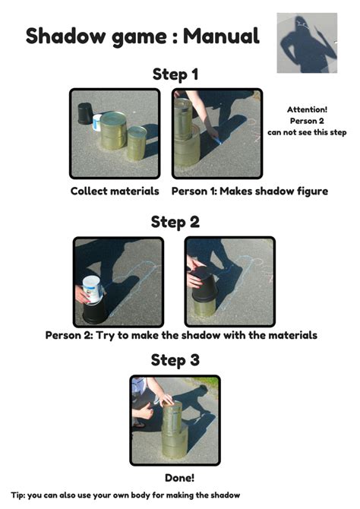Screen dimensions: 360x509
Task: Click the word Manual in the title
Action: (221, 36)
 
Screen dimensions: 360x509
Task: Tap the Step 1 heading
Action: (175, 74)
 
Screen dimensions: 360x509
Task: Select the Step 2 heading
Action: (175, 223)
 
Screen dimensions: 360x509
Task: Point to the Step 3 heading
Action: (175, 360)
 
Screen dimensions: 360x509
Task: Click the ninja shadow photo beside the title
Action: (307, 43)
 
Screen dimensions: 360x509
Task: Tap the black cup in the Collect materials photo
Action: (85, 114)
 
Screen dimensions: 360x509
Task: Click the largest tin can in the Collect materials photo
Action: (113, 131)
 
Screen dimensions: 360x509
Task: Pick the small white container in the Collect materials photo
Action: (96, 123)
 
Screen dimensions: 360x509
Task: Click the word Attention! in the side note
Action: (307, 109)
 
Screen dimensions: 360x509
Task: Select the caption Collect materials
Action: (115, 191)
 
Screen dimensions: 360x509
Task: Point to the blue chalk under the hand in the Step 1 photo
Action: (217, 141)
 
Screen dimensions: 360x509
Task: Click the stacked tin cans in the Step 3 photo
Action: (175, 429)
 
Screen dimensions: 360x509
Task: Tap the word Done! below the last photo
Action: (179, 478)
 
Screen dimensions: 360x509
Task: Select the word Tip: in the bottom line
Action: (18, 495)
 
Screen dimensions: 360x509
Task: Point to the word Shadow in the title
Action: (66, 36)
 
